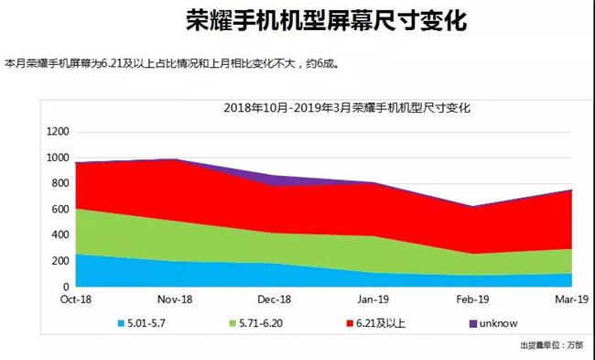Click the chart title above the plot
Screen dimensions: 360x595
(346, 108)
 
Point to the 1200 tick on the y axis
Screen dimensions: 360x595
(58, 132)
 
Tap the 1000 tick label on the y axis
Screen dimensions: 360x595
(58, 158)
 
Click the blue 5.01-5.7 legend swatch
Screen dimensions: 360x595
(123, 322)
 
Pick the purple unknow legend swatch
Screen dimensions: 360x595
(472, 322)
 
